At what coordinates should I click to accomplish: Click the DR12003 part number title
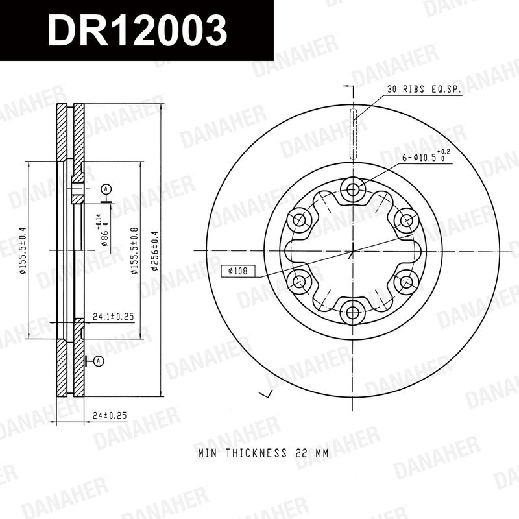click(x=138, y=30)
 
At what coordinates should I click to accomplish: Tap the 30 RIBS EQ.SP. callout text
click(x=424, y=89)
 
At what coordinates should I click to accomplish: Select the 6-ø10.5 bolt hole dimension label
click(x=426, y=156)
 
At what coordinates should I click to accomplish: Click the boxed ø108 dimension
click(x=238, y=271)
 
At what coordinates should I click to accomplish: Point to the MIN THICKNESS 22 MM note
click(x=263, y=453)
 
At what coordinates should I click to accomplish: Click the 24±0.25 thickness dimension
click(x=110, y=415)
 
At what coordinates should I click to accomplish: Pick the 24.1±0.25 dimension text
click(x=113, y=317)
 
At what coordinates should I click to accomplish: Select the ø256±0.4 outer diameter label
click(x=154, y=250)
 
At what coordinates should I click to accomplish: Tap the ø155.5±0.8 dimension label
click(x=134, y=250)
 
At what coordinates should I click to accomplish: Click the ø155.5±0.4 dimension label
click(x=22, y=250)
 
